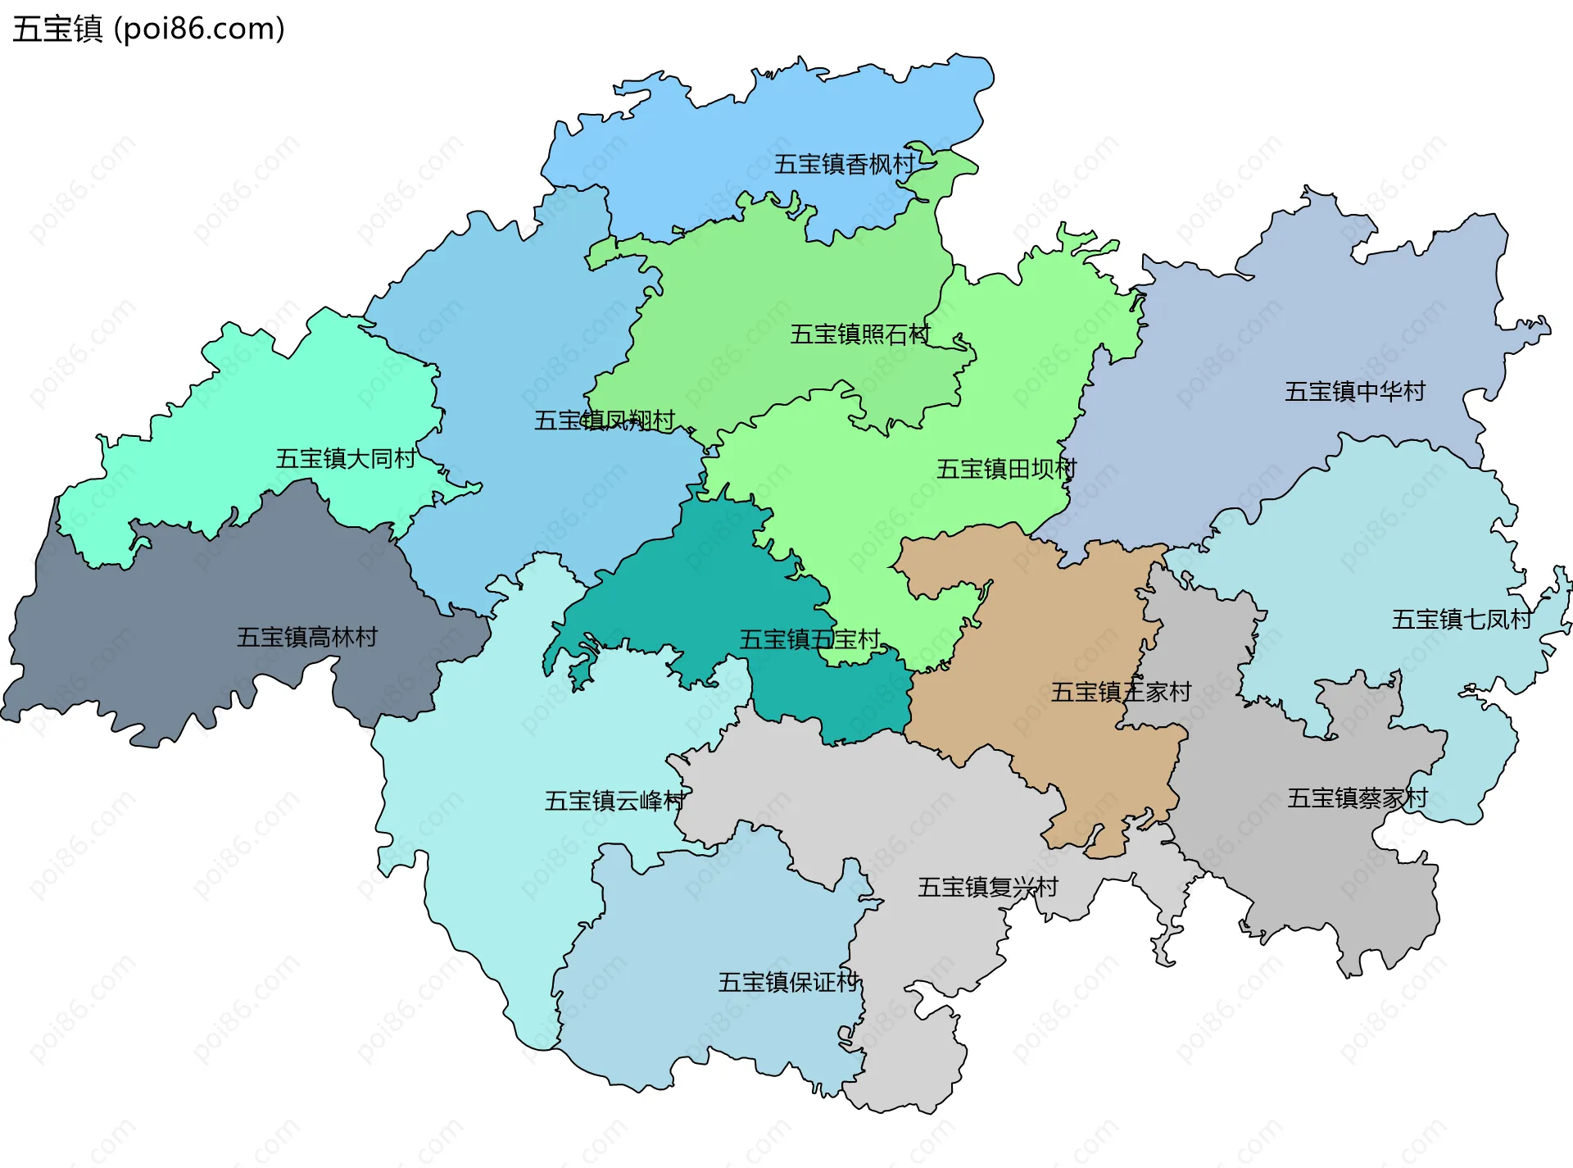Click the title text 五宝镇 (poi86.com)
coord(148,29)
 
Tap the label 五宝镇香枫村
coord(845,165)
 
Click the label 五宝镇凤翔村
coord(605,420)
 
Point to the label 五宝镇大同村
coord(346,458)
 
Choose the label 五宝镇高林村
coord(307,637)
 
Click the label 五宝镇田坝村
coord(1006,469)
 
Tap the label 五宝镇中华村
coord(1355,392)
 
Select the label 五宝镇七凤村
coord(1462,620)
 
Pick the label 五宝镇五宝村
coord(809,639)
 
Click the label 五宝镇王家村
coord(1121,692)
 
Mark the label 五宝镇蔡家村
coord(1357,798)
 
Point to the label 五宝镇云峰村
coord(614,801)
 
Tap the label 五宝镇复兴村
coord(987,887)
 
